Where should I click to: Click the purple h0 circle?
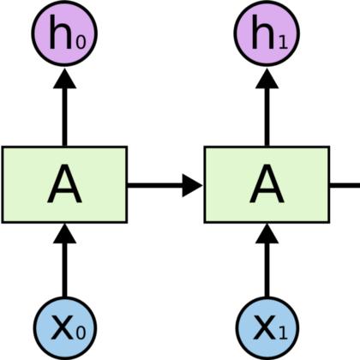[64, 33]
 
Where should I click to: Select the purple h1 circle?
[267, 33]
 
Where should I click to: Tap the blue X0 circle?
[65, 327]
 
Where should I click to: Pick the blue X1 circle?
[267, 327]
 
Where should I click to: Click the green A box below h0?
[64, 184]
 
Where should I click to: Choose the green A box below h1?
[267, 184]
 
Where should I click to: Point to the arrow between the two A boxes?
[165, 185]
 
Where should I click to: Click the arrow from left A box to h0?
[65, 107]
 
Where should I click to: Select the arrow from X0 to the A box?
[65, 260]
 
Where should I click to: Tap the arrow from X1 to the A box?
[267, 260]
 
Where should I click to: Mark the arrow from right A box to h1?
[267, 107]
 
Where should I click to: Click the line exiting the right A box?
[345, 185]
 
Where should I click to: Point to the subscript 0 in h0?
[81, 42]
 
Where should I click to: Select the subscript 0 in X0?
[81, 333]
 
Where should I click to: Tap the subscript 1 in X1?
[283, 333]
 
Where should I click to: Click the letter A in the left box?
[64, 183]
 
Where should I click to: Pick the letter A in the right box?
[267, 183]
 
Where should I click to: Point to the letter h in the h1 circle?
[263, 33]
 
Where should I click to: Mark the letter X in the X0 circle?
[63, 327]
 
